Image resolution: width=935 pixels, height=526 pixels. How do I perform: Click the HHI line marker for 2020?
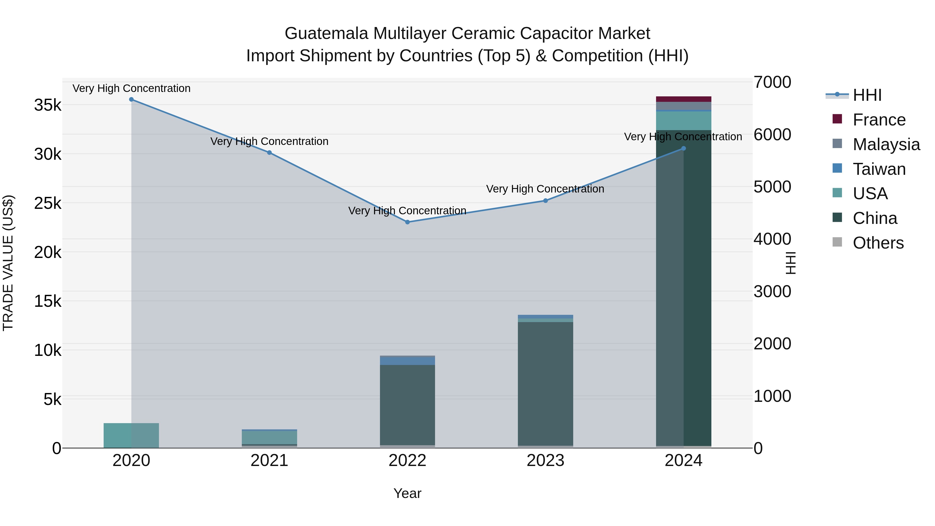(131, 99)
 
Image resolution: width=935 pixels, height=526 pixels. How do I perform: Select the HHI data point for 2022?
(407, 222)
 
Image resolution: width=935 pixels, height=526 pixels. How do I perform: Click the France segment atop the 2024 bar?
(684, 99)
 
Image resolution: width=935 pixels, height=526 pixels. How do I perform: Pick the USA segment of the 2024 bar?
(684, 121)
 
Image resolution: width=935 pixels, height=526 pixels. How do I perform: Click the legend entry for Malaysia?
(886, 144)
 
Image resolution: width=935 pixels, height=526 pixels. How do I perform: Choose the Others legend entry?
(878, 243)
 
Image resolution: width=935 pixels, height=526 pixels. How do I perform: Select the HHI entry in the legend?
(867, 95)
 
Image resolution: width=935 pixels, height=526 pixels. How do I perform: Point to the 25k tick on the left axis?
(48, 203)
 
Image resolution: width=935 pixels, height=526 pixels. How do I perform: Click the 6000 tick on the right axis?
(772, 135)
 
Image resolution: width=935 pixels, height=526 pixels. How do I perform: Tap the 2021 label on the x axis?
(269, 461)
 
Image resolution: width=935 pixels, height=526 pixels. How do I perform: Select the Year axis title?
(407, 493)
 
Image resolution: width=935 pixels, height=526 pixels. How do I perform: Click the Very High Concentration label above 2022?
(407, 211)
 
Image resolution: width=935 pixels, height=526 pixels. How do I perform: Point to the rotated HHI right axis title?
(790, 263)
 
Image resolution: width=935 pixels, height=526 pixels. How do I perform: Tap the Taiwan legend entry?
(878, 169)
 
